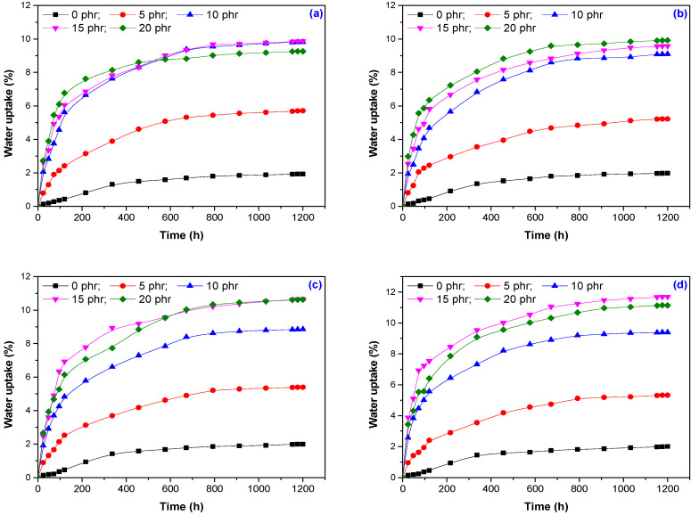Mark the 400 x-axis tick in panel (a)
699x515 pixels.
coord(127,217)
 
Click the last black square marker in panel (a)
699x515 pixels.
coord(304,174)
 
